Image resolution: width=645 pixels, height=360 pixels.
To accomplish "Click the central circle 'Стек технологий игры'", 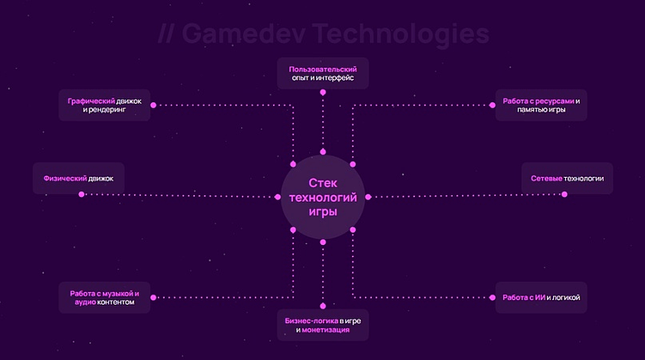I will point(323,197).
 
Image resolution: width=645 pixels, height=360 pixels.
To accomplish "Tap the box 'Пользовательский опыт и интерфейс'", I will point(323,72).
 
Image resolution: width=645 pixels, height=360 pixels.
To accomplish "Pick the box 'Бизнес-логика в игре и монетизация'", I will point(323,324).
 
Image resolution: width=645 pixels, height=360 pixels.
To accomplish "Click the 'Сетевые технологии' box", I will point(567,178).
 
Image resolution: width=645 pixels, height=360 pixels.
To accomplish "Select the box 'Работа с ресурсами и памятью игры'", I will point(542,105).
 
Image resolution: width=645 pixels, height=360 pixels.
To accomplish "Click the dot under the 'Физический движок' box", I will point(82,195).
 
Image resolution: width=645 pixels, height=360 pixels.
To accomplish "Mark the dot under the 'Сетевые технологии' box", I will point(565,195).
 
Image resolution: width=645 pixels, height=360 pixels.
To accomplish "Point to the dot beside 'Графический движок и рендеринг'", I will point(153,105).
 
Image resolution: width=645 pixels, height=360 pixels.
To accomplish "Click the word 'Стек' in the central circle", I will point(323,182).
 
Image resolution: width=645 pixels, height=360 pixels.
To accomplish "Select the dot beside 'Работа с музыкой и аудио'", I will point(153,298).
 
